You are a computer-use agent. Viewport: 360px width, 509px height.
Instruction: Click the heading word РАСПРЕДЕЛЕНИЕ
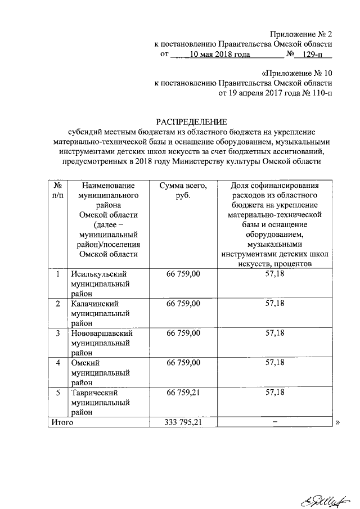coord(192,121)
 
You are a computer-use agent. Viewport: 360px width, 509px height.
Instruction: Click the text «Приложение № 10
coord(297,74)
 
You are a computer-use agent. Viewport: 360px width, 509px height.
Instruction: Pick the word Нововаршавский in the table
coord(101,334)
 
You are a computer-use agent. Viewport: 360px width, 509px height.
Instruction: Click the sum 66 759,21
coord(183,393)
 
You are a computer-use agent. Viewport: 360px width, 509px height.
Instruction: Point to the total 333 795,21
coord(183,422)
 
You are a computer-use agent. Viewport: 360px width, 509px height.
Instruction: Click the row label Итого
coord(62,422)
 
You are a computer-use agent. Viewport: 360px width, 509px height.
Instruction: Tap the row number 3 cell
coord(57,334)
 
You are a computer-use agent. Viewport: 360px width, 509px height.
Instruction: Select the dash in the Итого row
coord(274,422)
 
